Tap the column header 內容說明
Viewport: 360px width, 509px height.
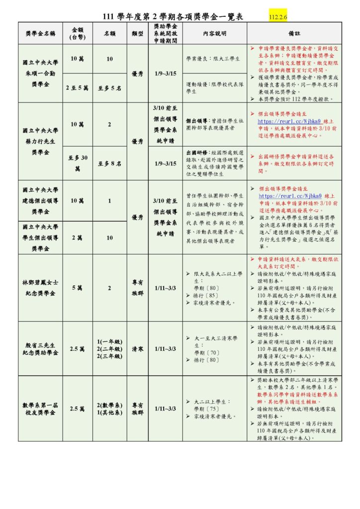214,33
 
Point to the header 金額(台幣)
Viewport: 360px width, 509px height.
77,33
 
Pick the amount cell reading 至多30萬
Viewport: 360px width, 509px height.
77,163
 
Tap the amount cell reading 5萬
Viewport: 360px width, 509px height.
77,287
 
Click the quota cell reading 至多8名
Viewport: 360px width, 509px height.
109,163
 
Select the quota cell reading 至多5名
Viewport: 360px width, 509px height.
109,88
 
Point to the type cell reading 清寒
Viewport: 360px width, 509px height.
138,349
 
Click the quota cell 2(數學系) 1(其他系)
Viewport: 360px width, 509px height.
109,409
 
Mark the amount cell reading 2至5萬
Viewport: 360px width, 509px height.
77,88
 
